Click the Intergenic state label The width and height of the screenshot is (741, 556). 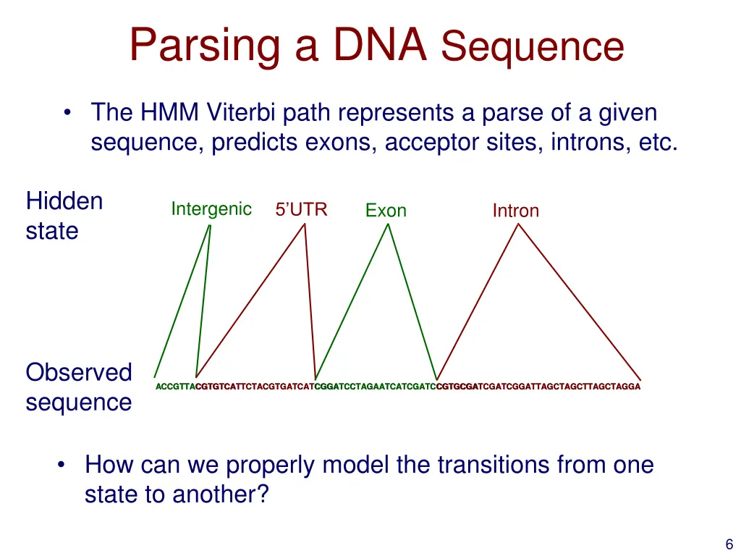coord(211,209)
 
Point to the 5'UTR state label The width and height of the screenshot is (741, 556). coord(301,210)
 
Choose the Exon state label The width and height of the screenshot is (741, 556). coord(386,211)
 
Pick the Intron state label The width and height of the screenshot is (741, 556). coord(515,211)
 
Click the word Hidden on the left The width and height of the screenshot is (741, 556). coord(64,201)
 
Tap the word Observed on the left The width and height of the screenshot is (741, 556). coord(78,372)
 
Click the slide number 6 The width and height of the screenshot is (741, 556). coord(729,545)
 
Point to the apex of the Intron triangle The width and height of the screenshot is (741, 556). coord(517,224)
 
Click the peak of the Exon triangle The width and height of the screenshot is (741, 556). coord(389,224)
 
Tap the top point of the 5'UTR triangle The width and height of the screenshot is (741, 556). coord(305,224)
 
